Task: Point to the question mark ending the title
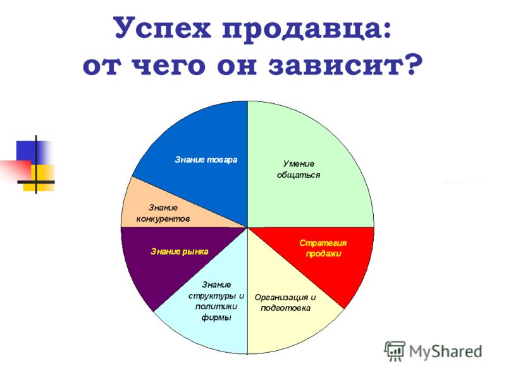pos(415,65)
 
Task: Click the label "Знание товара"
pos(206,160)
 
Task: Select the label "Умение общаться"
pos(299,169)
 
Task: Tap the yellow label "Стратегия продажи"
pos(323,248)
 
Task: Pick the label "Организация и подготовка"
pos(285,303)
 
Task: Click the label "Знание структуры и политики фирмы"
pos(216,301)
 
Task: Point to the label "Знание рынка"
pos(180,251)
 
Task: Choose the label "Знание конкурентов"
pos(163,213)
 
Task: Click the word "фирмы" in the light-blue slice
pos(216,317)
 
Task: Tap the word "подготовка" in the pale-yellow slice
pos(286,308)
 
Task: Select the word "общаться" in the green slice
pos(299,175)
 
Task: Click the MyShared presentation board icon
pos(394,351)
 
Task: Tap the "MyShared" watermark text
pos(446,351)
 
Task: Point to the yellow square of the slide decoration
pos(39,177)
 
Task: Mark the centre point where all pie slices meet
pos(247,227)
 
